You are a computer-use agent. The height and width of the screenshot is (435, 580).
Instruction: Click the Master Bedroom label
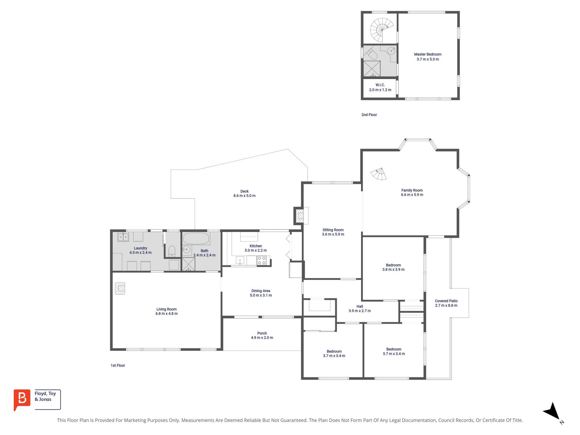pos(427,54)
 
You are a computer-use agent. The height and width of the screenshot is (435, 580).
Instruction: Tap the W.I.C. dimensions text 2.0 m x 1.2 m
pos(380,90)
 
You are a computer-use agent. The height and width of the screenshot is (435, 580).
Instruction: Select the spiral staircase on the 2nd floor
pos(382,30)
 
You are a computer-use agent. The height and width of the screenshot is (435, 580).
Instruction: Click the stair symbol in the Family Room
pos(379,174)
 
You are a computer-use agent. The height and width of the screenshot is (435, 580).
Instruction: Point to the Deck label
pos(244,191)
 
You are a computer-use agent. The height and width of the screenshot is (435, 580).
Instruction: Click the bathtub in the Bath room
pos(196,238)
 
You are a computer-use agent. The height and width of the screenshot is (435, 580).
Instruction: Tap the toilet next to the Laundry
pos(172,251)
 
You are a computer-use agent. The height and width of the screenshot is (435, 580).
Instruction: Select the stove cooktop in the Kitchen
pos(262,260)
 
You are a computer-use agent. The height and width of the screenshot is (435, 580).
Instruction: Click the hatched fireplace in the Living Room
pos(120,289)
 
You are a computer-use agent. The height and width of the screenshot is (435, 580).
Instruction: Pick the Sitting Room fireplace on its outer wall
pos(299,216)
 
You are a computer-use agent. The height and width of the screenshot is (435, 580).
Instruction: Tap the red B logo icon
pos(22,399)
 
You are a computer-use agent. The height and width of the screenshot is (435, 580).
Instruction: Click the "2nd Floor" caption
pos(369,115)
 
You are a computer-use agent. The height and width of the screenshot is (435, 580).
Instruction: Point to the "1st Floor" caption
pos(118,365)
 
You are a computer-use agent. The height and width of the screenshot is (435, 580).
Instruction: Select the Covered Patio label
pos(446,301)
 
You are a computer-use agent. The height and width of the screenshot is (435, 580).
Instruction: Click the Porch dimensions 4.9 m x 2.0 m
pos(262,337)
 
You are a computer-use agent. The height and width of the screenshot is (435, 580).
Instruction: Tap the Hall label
pos(360,306)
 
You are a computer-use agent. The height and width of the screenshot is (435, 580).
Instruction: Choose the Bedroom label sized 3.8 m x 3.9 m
pos(393,265)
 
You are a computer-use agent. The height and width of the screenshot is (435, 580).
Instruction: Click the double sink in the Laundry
pos(123,237)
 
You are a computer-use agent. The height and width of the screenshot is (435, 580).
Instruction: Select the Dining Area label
pos(261,291)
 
